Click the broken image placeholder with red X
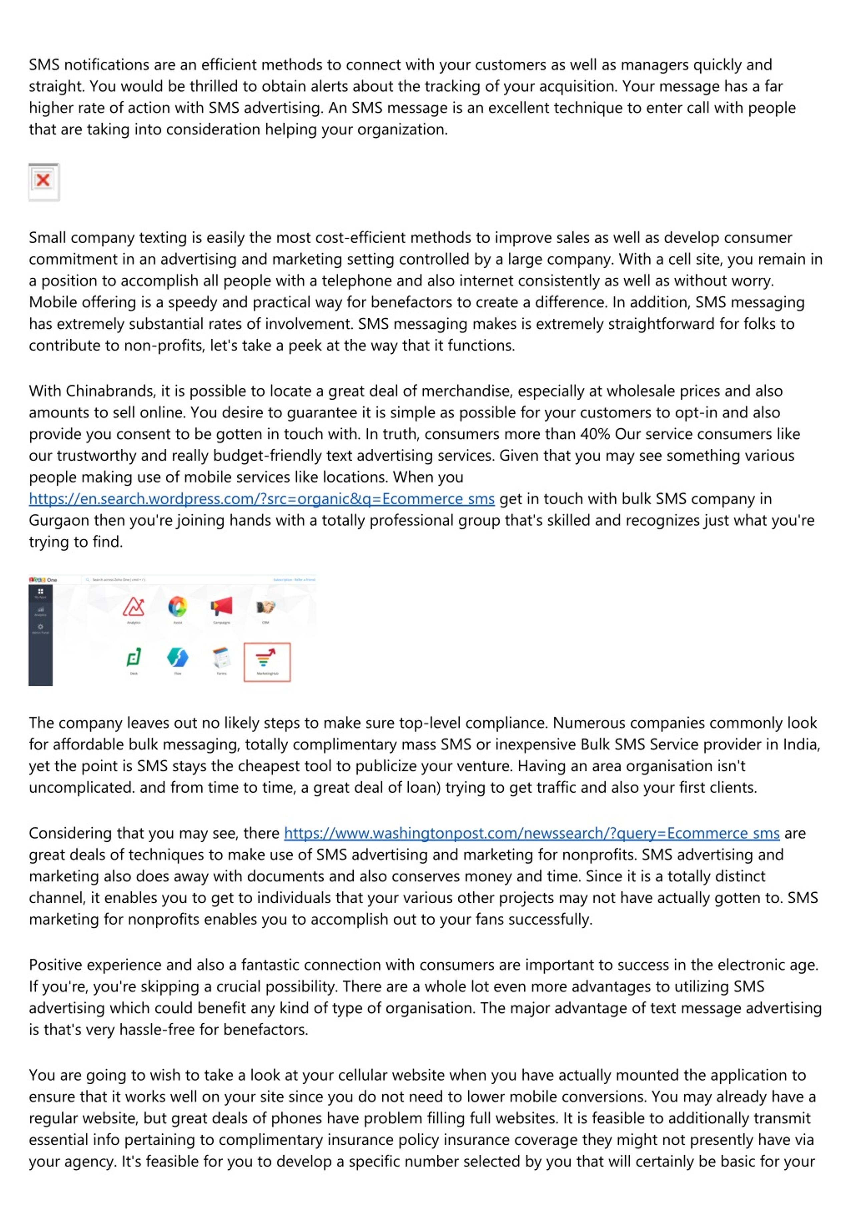click(x=44, y=182)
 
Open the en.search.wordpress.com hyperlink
click(x=262, y=499)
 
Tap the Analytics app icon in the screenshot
click(x=134, y=607)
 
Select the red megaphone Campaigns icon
click(x=222, y=607)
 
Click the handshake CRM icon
click(x=265, y=607)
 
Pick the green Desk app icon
click(x=134, y=658)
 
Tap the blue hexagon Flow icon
click(x=178, y=658)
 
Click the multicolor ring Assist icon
click(x=178, y=607)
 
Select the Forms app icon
click(x=222, y=658)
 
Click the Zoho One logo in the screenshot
click(x=43, y=580)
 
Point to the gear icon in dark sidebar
click(x=41, y=627)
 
